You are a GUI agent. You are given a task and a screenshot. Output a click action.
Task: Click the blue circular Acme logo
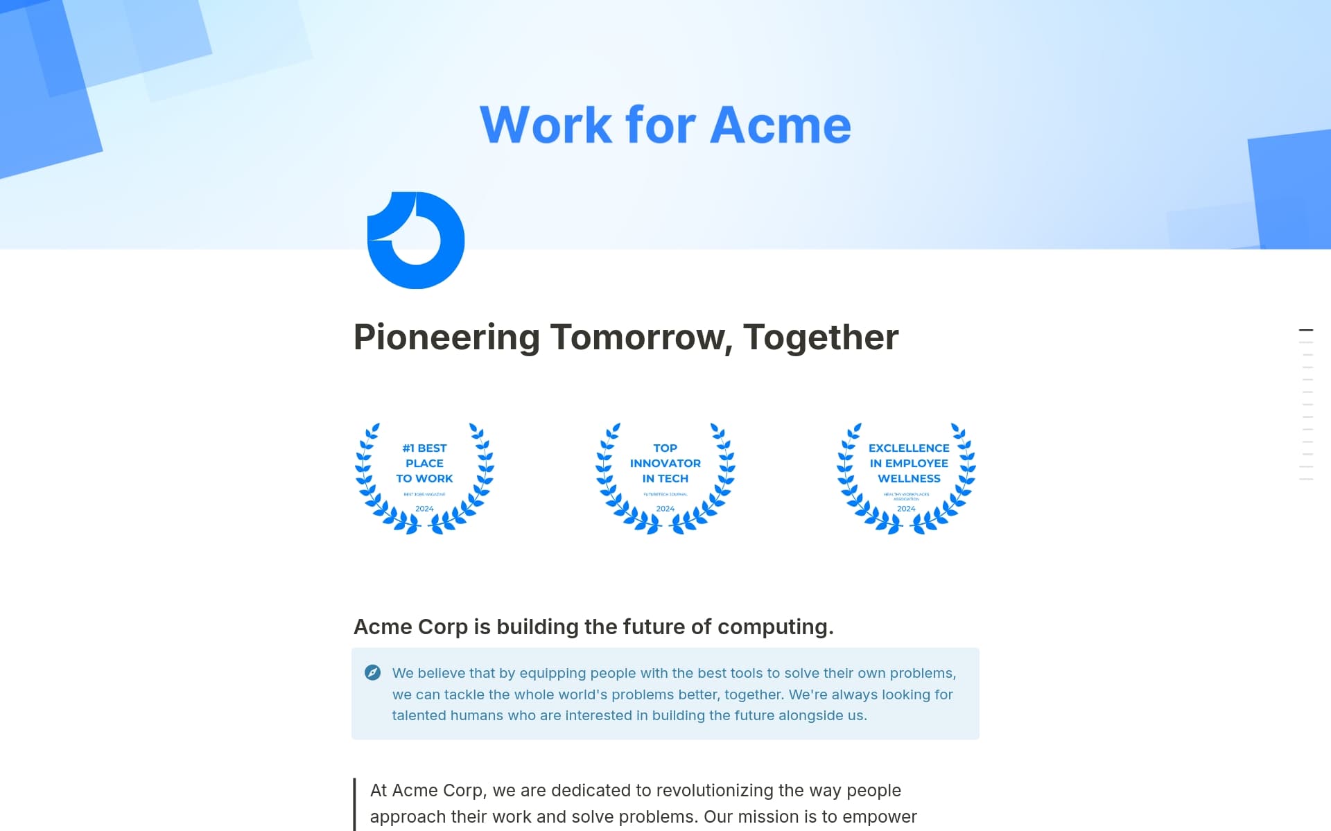point(416,240)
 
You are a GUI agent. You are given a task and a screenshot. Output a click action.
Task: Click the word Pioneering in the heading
point(446,338)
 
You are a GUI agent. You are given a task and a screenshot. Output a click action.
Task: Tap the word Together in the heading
point(821,338)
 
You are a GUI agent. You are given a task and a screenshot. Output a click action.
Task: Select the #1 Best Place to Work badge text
point(424,463)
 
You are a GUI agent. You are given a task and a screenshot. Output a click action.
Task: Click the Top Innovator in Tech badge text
point(665,463)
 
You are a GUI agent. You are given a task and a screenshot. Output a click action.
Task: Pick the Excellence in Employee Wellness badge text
point(909,463)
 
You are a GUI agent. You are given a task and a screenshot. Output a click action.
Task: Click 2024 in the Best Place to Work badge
point(424,509)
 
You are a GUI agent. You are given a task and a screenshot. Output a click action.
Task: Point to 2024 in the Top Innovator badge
point(665,509)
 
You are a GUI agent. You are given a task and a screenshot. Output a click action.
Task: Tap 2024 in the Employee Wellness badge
point(906,509)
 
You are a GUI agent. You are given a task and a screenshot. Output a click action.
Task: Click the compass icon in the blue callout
point(372,672)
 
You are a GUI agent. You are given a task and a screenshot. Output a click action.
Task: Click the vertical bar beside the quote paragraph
point(354,804)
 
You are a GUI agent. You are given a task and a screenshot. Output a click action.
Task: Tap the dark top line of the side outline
point(1305,330)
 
